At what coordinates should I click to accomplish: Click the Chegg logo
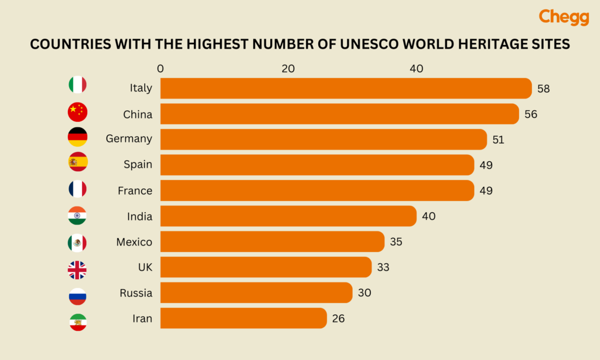[x=563, y=17]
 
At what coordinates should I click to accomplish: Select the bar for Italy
[x=346, y=88]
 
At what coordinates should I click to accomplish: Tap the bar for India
[x=288, y=216]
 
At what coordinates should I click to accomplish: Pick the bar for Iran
[x=243, y=318]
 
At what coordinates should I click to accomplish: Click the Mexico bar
[x=272, y=242]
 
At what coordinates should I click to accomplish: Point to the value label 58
[x=543, y=89]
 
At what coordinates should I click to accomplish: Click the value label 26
[x=338, y=319]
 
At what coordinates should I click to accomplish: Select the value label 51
[x=498, y=140]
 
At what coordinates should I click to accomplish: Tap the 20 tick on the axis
[x=288, y=69]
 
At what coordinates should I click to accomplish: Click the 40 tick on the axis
[x=416, y=69]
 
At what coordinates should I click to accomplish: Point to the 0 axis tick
[x=161, y=69]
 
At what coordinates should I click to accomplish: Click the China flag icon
[x=77, y=111]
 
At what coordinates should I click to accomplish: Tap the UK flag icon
[x=77, y=270]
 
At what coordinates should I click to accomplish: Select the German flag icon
[x=77, y=137]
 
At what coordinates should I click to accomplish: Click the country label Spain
[x=138, y=165]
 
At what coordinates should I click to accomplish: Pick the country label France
[x=135, y=191]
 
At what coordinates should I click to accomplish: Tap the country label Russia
[x=136, y=293]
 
